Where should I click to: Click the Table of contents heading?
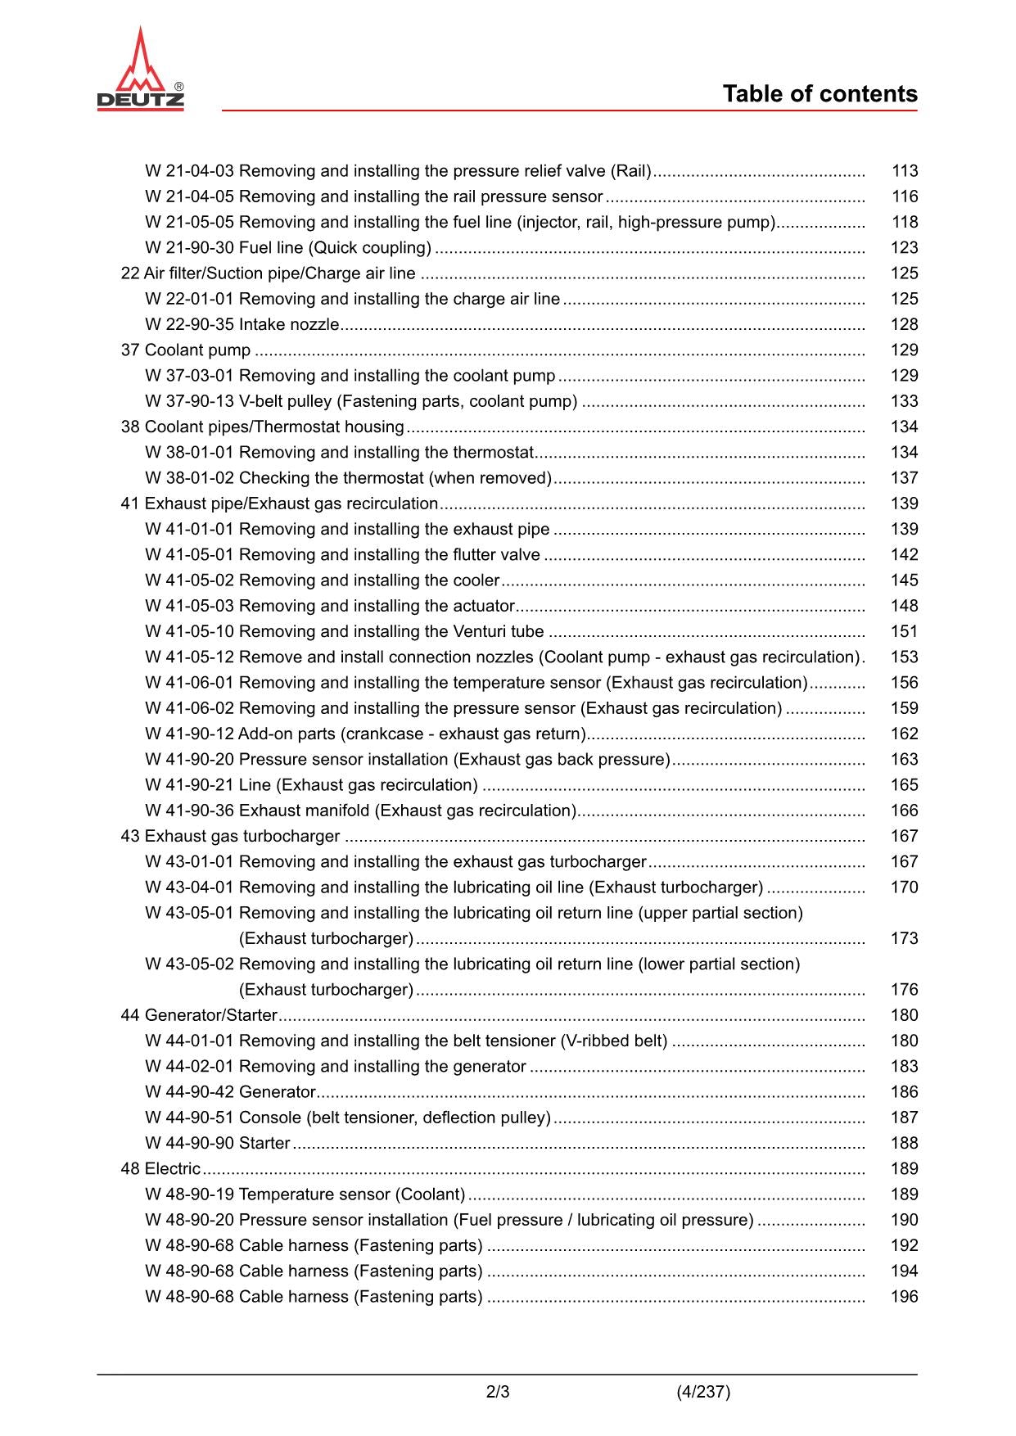pyautogui.click(x=820, y=94)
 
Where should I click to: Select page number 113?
pyautogui.click(x=905, y=171)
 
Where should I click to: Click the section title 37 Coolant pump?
pyautogui.click(x=186, y=350)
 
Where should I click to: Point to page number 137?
pyautogui.click(x=905, y=478)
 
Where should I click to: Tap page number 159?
pyautogui.click(x=905, y=709)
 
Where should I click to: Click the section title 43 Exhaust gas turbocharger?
pyautogui.click(x=230, y=837)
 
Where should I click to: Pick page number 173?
pyautogui.click(x=905, y=939)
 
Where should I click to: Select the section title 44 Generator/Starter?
pyautogui.click(x=199, y=1016)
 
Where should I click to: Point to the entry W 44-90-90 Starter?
pyautogui.click(x=218, y=1144)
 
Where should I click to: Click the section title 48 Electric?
pyautogui.click(x=160, y=1169)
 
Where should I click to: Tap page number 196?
pyautogui.click(x=905, y=1297)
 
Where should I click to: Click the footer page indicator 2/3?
pyautogui.click(x=498, y=1392)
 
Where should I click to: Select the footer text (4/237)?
pyautogui.click(x=703, y=1392)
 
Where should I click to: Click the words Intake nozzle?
pyautogui.click(x=289, y=325)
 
